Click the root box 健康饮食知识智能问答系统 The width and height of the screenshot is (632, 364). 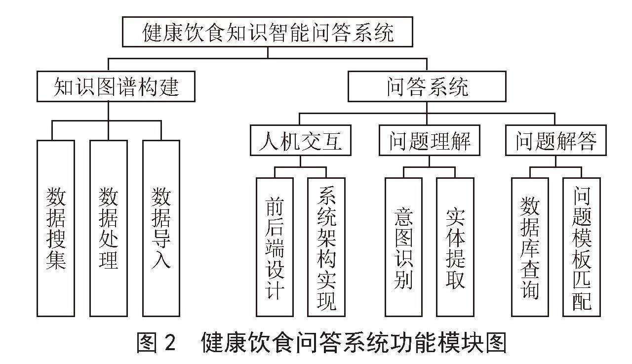click(x=268, y=32)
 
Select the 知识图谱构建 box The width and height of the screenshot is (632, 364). click(x=116, y=86)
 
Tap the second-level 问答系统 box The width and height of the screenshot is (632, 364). click(x=427, y=86)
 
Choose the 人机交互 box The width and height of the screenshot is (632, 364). click(x=301, y=140)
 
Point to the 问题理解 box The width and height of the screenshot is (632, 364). click(x=430, y=140)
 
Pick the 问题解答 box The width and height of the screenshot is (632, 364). click(x=556, y=140)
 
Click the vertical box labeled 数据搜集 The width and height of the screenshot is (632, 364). click(x=56, y=228)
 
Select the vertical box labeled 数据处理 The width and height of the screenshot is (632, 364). click(x=109, y=228)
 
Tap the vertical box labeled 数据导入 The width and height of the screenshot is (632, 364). click(x=161, y=228)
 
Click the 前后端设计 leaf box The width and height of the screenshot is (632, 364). click(x=275, y=247)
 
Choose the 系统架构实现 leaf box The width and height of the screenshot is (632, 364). click(x=326, y=247)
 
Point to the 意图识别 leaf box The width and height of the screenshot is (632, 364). click(x=404, y=247)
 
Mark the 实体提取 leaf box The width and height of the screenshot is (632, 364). click(x=455, y=247)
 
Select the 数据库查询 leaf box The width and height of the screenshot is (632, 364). click(x=530, y=247)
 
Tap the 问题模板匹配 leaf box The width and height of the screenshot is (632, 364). click(x=582, y=247)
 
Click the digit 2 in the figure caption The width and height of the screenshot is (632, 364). click(x=169, y=342)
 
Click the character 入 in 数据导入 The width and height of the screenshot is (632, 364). click(x=161, y=258)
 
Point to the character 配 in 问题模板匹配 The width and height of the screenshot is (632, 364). click(x=582, y=301)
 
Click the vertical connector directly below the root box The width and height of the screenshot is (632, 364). click(x=268, y=52)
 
